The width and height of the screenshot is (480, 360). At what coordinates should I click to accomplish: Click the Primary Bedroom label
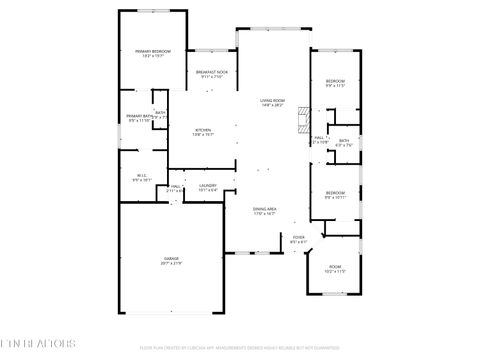153,50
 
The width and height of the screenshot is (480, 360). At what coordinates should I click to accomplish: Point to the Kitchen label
204,130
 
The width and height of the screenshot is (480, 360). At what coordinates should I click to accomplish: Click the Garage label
171,258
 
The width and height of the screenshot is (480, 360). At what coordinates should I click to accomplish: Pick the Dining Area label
264,208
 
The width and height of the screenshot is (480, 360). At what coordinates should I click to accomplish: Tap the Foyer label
298,237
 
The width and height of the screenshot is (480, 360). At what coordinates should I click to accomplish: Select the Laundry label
207,185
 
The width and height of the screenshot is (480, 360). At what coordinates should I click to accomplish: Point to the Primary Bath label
140,117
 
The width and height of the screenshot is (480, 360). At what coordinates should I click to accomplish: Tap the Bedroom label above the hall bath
335,81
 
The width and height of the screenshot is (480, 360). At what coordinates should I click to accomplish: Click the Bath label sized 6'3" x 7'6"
343,141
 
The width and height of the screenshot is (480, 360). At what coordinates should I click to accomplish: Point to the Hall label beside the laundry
175,185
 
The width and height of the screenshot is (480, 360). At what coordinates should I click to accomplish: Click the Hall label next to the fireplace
319,138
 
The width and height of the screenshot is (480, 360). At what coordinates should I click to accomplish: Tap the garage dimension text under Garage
171,263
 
